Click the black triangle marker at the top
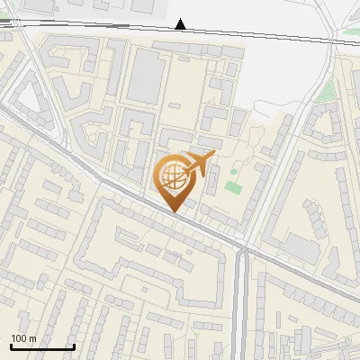pyautogui.click(x=182, y=24)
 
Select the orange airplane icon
pyautogui.click(x=200, y=163)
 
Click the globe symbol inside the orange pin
pyautogui.click(x=174, y=176)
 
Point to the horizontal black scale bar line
pyautogui.click(x=42, y=347)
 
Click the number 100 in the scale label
pyautogui.click(x=20, y=338)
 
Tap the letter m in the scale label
pyautogui.click(x=33, y=338)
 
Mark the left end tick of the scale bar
pyautogui.click(x=11, y=346)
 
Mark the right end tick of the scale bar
pyautogui.click(x=74, y=346)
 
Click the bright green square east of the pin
pyautogui.click(x=234, y=186)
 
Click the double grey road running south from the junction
pyautogui.click(x=240, y=297)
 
